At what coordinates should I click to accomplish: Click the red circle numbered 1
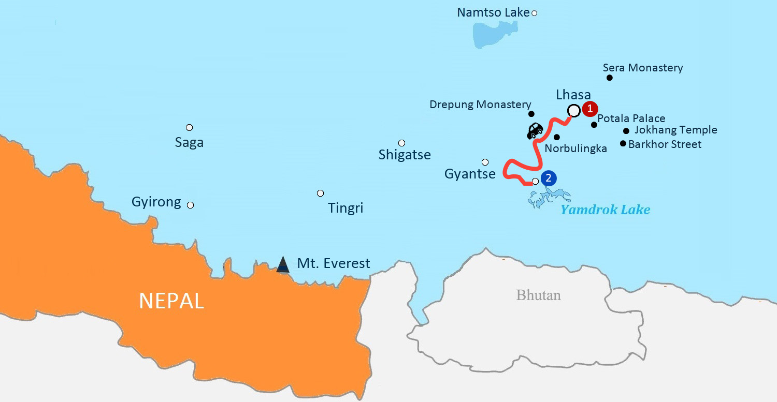589,109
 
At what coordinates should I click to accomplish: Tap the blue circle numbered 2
548,178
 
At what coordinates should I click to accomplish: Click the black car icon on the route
535,130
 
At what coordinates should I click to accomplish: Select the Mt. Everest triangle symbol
282,264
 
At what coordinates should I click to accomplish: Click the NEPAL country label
171,301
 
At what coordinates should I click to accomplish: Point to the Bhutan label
538,295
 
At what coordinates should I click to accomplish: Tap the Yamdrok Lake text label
605,210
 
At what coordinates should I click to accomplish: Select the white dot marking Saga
189,127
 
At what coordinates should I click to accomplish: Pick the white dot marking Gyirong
190,205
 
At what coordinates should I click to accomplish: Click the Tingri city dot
320,193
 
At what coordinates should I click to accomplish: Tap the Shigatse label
405,155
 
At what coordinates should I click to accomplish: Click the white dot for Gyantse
485,162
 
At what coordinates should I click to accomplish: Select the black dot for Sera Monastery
610,78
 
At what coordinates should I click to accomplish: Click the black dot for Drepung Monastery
531,113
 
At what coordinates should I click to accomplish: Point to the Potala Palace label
631,118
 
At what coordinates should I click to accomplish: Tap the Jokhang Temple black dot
626,131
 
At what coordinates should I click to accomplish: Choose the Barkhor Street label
665,144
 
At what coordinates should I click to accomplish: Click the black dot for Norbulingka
557,137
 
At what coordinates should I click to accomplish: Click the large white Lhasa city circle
573,111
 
